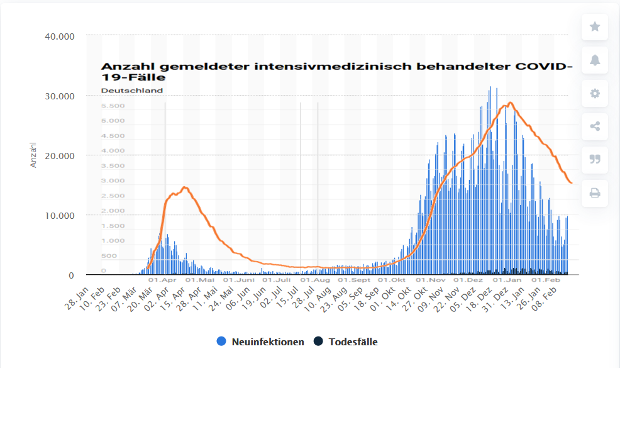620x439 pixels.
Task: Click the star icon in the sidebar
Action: (595, 26)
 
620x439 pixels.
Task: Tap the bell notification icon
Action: (595, 60)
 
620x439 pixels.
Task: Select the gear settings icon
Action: (595, 93)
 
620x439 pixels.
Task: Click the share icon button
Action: (595, 126)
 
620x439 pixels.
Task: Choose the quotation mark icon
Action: (595, 159)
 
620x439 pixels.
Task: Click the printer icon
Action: (595, 192)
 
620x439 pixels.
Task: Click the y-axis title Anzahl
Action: (34, 155)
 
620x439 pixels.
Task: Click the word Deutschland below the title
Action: (132, 90)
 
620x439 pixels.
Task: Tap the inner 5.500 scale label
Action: (113, 106)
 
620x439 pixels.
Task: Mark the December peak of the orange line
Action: (510, 103)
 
